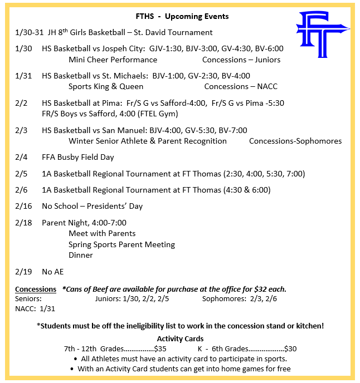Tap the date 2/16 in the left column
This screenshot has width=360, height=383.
click(24, 206)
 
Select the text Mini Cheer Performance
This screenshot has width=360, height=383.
click(113, 60)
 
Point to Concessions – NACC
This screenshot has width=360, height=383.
click(241, 86)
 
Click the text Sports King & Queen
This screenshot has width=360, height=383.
click(106, 86)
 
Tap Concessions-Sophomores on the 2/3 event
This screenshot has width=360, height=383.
click(295, 141)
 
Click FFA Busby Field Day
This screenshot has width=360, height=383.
click(78, 157)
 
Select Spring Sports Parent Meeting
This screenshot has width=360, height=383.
click(121, 244)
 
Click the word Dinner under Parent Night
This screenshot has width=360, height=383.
click(81, 255)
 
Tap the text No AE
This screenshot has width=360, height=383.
click(53, 272)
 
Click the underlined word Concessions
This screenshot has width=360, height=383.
click(36, 289)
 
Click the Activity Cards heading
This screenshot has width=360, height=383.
click(180, 338)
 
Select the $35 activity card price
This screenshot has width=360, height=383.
click(159, 348)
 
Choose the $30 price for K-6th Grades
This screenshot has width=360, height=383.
click(290, 348)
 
